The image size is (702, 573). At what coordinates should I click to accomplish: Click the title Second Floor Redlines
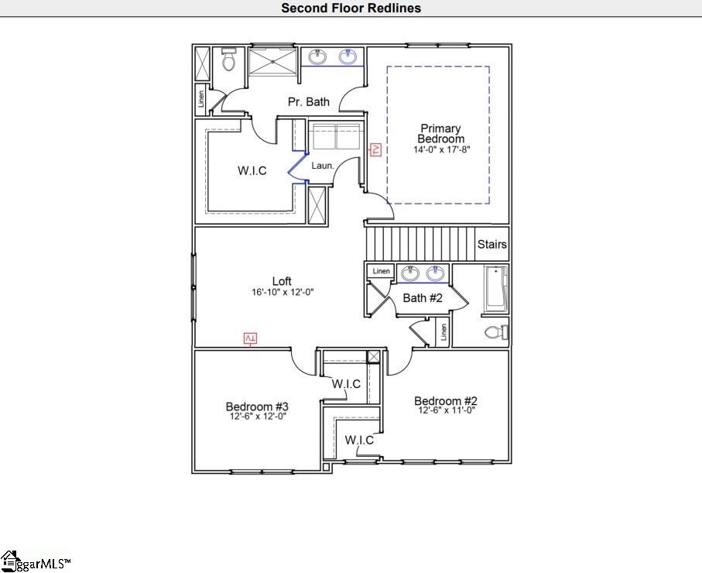pyautogui.click(x=351, y=9)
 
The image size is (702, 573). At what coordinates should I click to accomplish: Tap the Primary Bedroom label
pyautogui.click(x=440, y=133)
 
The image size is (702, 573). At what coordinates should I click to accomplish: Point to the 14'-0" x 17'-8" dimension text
pyautogui.click(x=440, y=149)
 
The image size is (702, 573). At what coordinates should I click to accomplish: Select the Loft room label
pyautogui.click(x=282, y=281)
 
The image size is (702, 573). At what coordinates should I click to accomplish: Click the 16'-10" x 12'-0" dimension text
pyautogui.click(x=282, y=293)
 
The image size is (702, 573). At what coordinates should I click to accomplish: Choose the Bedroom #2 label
pyautogui.click(x=445, y=400)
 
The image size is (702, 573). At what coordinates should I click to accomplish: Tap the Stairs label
pyautogui.click(x=491, y=245)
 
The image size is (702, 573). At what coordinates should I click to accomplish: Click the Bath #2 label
pyautogui.click(x=423, y=298)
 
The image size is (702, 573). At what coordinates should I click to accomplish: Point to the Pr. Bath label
pyautogui.click(x=308, y=101)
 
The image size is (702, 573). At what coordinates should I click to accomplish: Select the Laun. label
pyautogui.click(x=322, y=166)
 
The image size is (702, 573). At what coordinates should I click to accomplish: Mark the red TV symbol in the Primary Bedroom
pyautogui.click(x=375, y=149)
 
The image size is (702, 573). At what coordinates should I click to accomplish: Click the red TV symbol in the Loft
pyautogui.click(x=250, y=338)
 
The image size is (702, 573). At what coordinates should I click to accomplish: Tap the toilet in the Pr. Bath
pyautogui.click(x=228, y=60)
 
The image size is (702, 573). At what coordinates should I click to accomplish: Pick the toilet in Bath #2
pyautogui.click(x=495, y=332)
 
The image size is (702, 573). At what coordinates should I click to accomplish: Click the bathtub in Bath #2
pyautogui.click(x=495, y=290)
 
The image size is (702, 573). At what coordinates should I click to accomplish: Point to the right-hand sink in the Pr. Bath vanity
pyautogui.click(x=348, y=56)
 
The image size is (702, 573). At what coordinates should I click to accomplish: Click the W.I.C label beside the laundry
pyautogui.click(x=252, y=170)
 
